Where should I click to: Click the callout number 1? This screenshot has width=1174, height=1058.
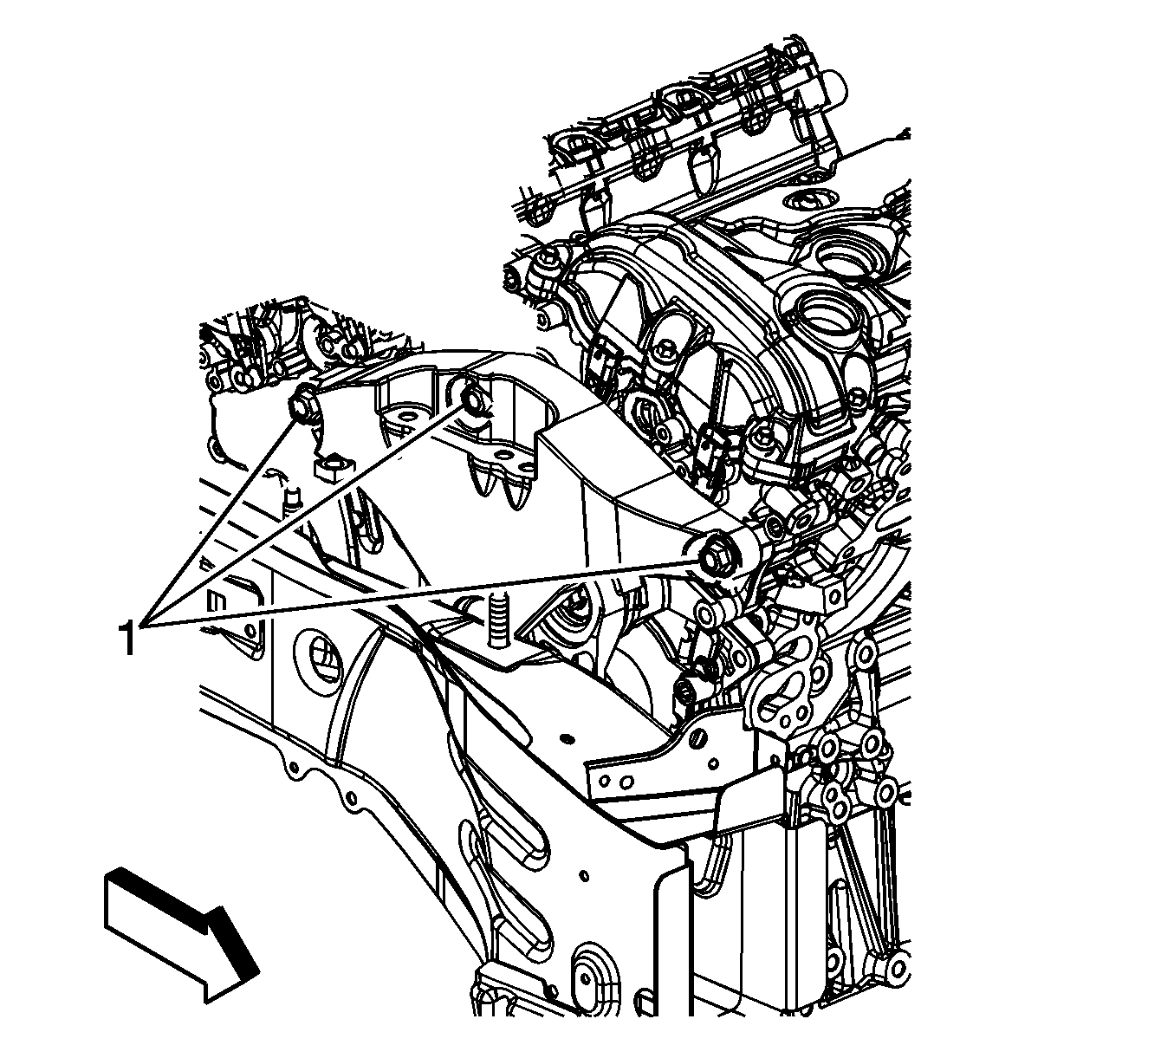tap(127, 639)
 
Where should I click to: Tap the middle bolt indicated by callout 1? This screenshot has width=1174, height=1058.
tap(473, 398)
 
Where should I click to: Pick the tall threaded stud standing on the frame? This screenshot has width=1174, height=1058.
tap(498, 619)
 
